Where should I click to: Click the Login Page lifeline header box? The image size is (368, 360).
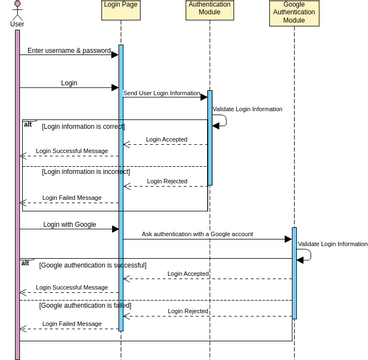click(121, 10)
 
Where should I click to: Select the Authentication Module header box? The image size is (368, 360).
click(210, 10)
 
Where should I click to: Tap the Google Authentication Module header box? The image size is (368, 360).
click(294, 13)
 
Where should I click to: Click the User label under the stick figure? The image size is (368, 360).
click(17, 23)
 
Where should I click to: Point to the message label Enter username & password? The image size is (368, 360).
click(69, 50)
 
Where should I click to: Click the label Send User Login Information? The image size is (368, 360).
click(162, 93)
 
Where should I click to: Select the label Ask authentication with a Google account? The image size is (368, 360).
click(197, 233)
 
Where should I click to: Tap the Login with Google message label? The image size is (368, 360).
click(69, 224)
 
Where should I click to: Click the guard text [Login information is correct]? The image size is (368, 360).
click(83, 127)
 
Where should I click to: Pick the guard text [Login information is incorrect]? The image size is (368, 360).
click(86, 171)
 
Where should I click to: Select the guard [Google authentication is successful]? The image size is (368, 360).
click(93, 265)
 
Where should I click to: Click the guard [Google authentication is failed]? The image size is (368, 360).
click(85, 305)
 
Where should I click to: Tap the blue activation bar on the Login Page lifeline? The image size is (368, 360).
click(121, 190)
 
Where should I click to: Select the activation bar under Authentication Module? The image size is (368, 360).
click(209, 140)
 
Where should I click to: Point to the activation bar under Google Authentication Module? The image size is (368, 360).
click(294, 275)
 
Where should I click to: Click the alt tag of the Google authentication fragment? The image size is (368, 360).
click(26, 263)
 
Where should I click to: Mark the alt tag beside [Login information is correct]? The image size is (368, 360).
click(28, 125)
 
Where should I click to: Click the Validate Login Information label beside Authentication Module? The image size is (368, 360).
click(247, 109)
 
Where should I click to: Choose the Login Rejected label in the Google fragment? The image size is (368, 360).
click(188, 311)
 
